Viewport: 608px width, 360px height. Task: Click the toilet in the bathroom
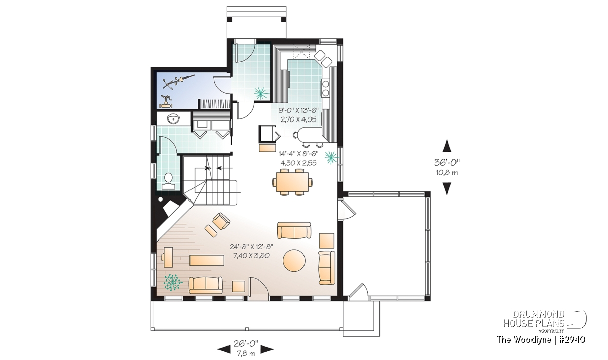[168, 181]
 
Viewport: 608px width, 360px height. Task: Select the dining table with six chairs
[292, 182]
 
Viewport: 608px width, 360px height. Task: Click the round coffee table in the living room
[294, 260]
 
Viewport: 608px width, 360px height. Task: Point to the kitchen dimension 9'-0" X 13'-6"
[298, 110]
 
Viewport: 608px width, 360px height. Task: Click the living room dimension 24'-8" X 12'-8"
[251, 247]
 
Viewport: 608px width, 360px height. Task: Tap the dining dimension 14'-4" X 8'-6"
[298, 154]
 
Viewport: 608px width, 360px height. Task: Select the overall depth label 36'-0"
[447, 162]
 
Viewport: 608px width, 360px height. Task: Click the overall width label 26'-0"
[246, 343]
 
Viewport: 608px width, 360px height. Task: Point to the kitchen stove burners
[325, 88]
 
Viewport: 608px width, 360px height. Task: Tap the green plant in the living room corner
[173, 283]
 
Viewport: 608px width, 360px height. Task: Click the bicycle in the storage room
[178, 82]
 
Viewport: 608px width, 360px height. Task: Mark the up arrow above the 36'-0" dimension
[447, 146]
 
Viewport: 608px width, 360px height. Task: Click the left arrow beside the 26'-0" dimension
[224, 349]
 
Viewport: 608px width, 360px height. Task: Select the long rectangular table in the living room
[207, 260]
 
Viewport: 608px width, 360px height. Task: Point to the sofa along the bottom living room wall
[206, 285]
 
